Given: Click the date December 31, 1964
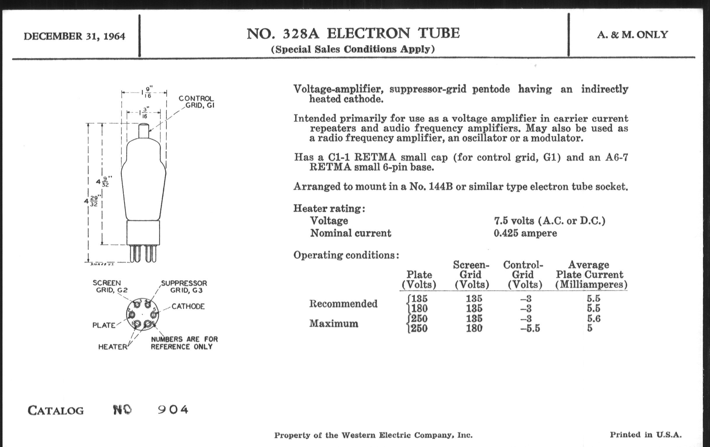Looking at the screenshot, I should (x=74, y=36).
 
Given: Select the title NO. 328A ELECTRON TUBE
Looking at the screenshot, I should (x=353, y=33).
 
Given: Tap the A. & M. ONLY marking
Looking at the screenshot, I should (x=632, y=35).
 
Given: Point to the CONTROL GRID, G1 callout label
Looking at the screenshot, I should (x=196, y=102).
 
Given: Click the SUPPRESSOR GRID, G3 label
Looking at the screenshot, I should (x=184, y=287).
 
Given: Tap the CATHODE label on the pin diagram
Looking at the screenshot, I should (x=188, y=306).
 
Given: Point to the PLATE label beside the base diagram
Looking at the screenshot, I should (x=104, y=325).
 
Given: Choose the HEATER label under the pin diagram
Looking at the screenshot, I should (x=113, y=347).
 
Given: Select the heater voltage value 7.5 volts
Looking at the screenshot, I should (x=550, y=221).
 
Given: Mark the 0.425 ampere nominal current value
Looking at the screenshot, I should (x=525, y=233).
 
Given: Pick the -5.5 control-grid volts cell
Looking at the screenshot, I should (x=530, y=328).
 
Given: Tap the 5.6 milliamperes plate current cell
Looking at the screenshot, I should (x=594, y=318).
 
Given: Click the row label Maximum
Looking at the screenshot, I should (x=334, y=323).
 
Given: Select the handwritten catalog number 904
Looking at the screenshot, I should (x=173, y=410).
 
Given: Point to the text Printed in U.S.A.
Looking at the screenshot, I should (x=646, y=435).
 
